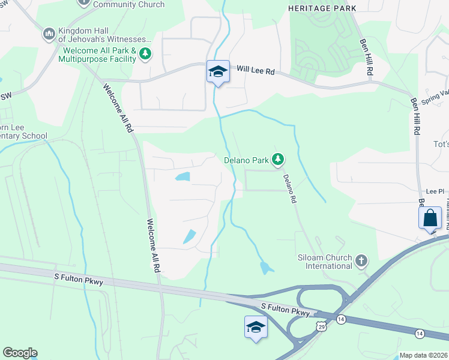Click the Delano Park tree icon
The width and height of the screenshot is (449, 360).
point(277,160)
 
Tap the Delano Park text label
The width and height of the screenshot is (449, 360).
point(246,160)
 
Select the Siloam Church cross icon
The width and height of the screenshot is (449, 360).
point(361,260)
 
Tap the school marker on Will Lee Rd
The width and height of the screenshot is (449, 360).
point(217,72)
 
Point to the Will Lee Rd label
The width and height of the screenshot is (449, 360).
point(255,71)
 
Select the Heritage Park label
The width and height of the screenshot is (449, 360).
point(322,8)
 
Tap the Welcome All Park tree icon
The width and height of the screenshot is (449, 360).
point(145,55)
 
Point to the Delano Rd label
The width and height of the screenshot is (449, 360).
point(289,188)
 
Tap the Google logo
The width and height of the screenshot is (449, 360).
point(20,353)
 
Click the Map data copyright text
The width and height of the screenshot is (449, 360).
point(423,355)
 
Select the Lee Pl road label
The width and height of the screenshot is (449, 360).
point(434,189)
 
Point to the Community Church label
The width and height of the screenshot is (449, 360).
point(128,4)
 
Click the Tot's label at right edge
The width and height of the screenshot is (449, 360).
point(441,145)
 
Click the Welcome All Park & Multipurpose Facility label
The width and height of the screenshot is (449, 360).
point(98,55)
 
